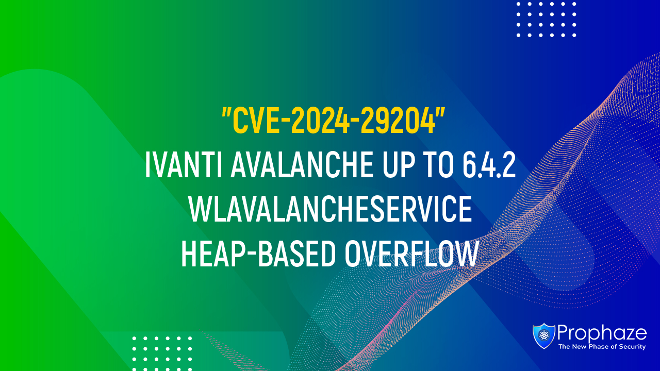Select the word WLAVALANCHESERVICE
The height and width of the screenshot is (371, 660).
(x=331, y=209)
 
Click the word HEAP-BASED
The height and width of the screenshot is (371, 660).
(x=258, y=254)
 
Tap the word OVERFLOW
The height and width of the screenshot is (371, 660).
(x=411, y=254)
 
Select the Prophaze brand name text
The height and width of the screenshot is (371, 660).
(x=602, y=333)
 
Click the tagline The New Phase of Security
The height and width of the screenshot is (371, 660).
(x=602, y=347)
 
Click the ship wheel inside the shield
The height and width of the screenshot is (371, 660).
(x=543, y=335)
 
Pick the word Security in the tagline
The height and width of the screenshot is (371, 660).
(x=632, y=347)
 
